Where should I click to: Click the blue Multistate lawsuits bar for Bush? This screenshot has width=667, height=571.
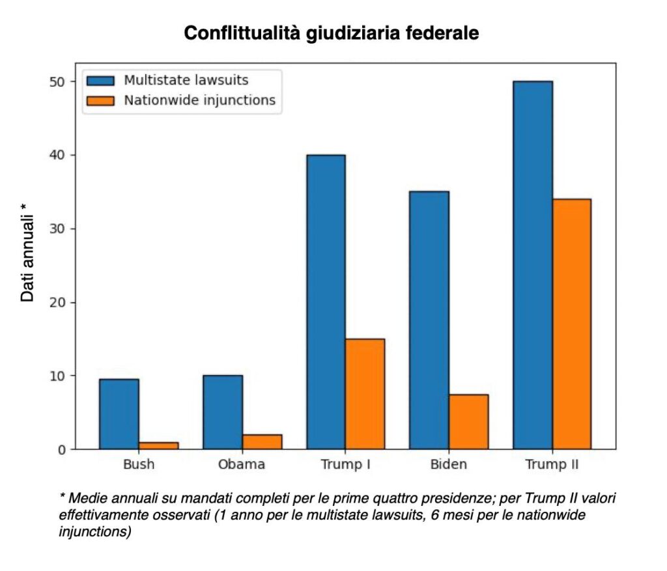(x=119, y=414)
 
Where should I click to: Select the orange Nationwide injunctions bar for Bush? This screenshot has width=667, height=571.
(x=158, y=446)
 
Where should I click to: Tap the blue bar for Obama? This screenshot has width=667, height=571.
(x=223, y=412)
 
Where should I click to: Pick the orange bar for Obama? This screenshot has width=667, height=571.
(x=262, y=442)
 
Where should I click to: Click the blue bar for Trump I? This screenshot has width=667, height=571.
(x=326, y=302)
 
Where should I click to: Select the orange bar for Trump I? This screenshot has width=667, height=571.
(x=365, y=394)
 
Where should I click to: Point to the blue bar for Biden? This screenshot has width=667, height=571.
(x=429, y=320)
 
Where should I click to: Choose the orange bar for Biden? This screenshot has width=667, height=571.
(x=468, y=422)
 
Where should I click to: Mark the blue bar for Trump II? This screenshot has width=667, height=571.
(x=532, y=265)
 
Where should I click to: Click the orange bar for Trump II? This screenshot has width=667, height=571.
(x=571, y=324)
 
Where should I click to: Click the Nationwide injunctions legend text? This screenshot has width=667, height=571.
(x=199, y=100)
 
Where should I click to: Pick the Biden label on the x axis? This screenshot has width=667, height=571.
(x=449, y=465)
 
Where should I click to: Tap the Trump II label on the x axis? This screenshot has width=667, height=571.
(x=552, y=465)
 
